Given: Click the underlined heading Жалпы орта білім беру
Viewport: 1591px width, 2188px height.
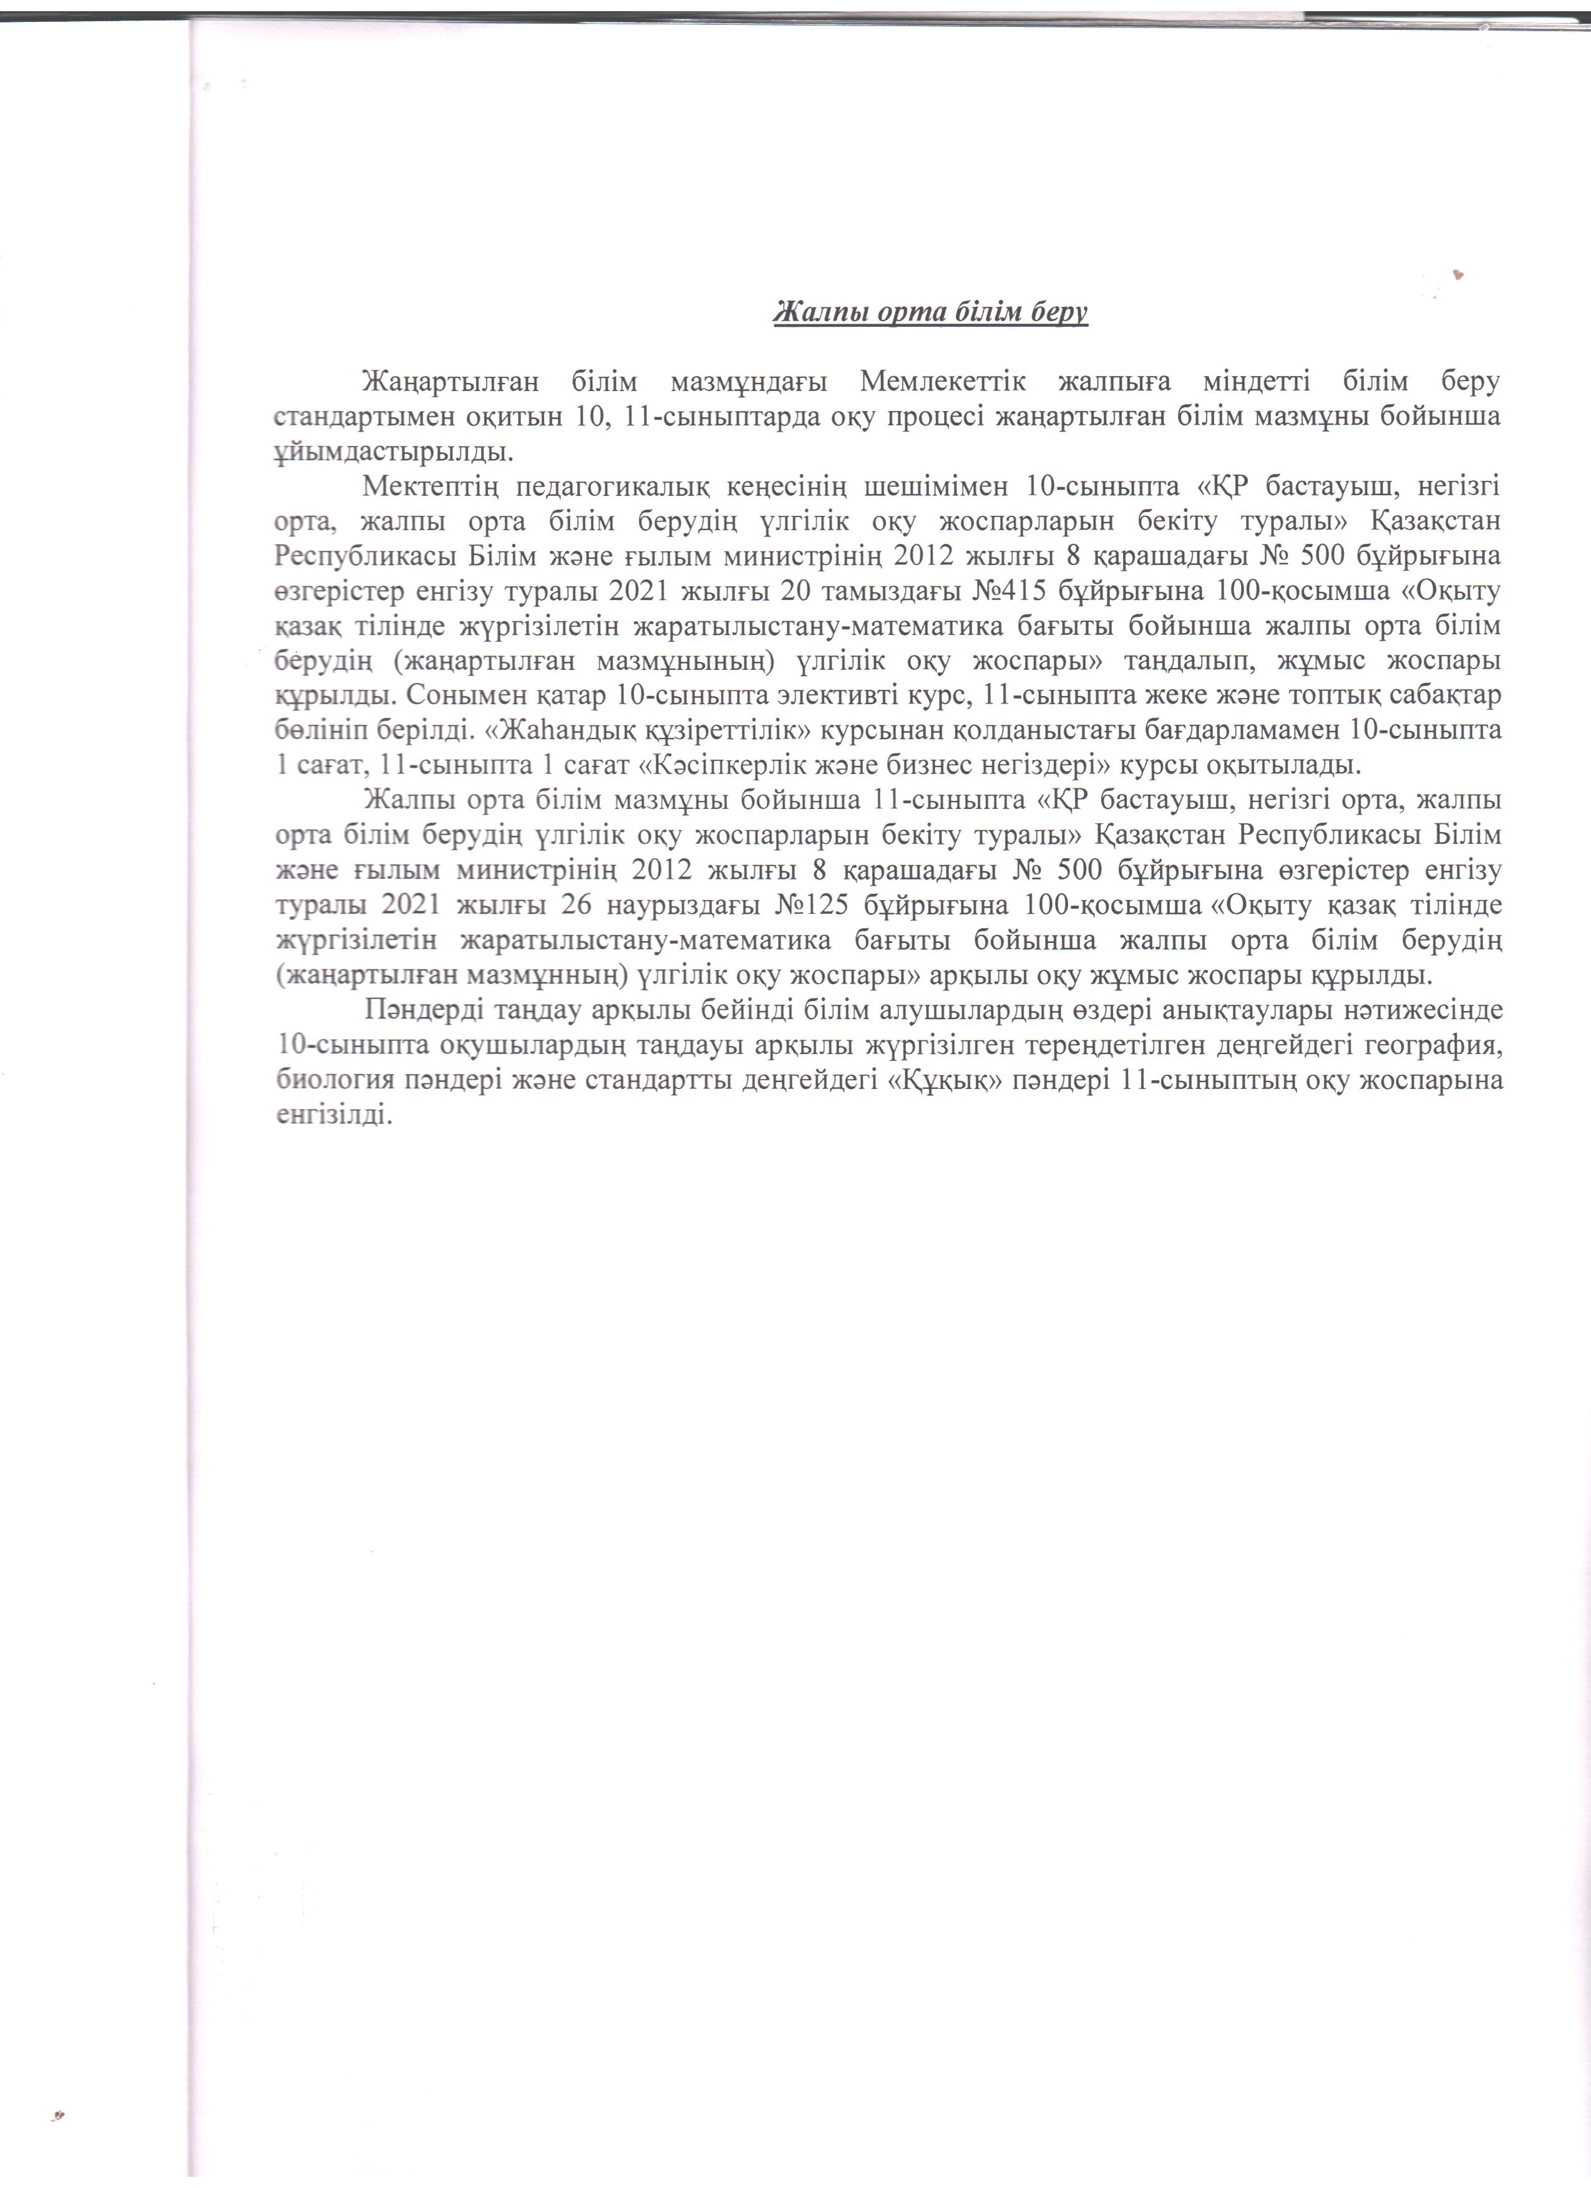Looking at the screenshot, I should coord(931,314).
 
